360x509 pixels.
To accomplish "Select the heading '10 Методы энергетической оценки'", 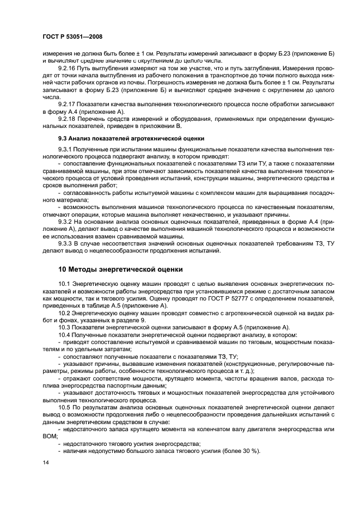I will [x=120, y=269].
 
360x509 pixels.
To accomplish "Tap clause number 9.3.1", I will [x=65, y=149].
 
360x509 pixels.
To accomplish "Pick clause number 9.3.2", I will [x=65, y=222].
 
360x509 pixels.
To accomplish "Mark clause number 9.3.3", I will [x=65, y=243].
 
